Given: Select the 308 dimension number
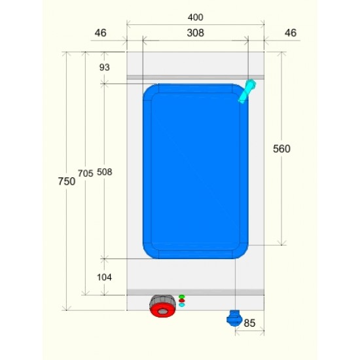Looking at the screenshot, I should click(x=195, y=32).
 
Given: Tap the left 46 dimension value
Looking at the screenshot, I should click(x=100, y=32).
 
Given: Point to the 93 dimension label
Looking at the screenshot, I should click(x=104, y=67).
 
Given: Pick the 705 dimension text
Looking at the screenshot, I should click(x=85, y=173).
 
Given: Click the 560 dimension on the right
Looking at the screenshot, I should click(x=281, y=149).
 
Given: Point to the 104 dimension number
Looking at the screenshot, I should click(x=104, y=277).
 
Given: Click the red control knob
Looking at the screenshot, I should click(x=162, y=310).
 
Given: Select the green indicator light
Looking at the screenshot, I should click(x=181, y=297).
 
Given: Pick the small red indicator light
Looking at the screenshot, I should click(x=181, y=301).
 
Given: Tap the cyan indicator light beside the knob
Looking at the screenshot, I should click(x=181, y=306).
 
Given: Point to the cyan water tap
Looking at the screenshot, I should click(x=247, y=91).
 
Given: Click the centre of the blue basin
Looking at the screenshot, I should click(x=195, y=171).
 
